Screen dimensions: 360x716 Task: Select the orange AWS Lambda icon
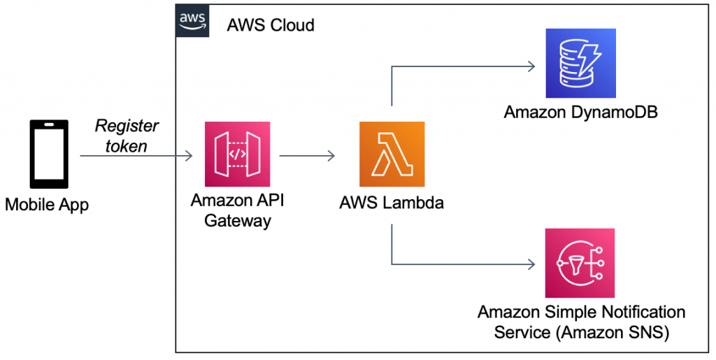pos(392,154)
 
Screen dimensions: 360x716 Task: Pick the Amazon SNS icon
pos(580,264)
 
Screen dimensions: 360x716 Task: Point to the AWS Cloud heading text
pos(271,26)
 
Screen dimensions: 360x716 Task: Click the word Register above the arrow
pos(127,126)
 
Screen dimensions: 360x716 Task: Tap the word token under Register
pos(127,146)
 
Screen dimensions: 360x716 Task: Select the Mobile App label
pos(47,206)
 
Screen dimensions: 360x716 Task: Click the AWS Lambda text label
pos(392,203)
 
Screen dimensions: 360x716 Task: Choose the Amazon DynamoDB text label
pos(580,113)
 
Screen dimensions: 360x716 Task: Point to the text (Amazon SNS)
pos(614,333)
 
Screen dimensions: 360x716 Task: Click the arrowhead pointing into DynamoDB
pos(531,66)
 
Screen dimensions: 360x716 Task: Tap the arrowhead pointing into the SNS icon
pos(531,264)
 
